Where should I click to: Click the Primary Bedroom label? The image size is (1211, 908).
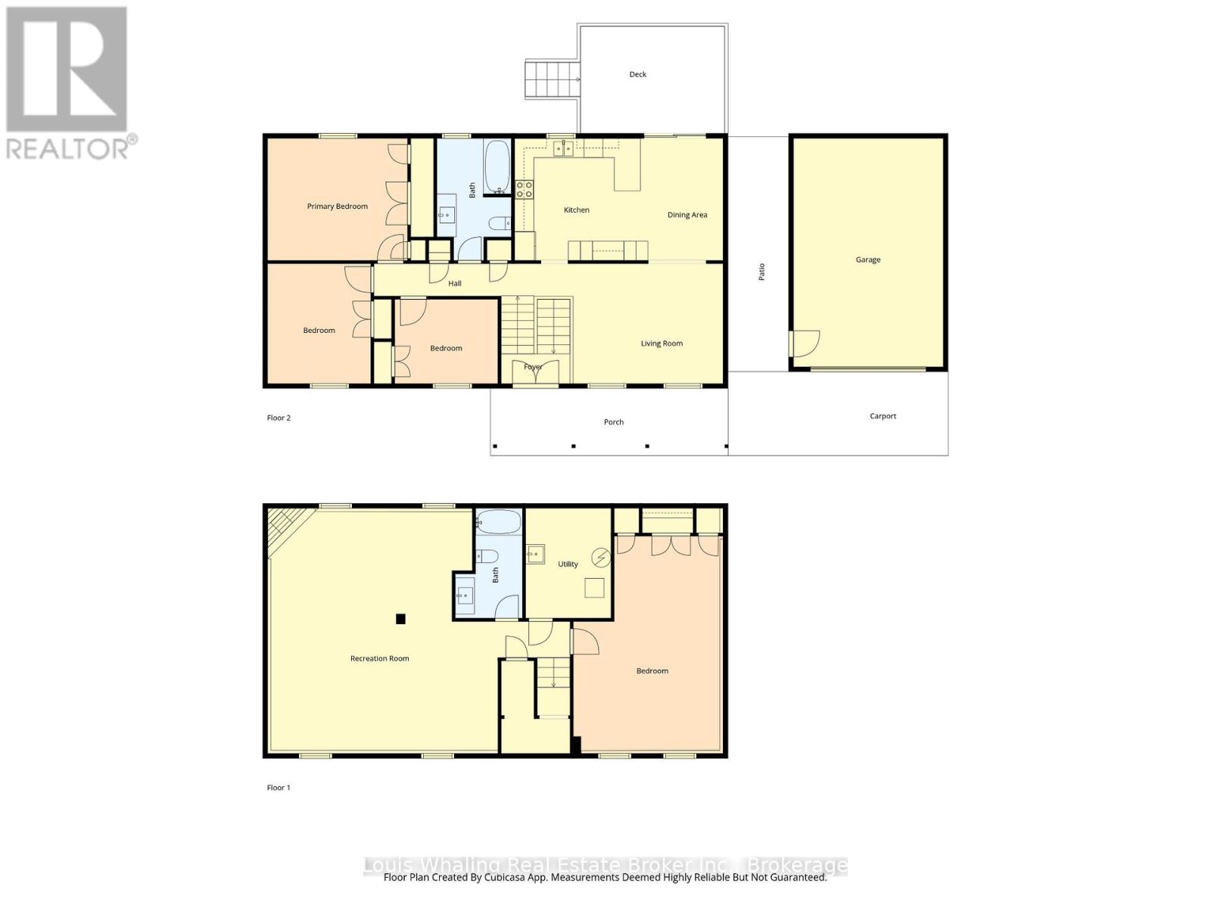coord(337,206)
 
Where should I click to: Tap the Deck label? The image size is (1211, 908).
coord(638,74)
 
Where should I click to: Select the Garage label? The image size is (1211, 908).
coord(868,260)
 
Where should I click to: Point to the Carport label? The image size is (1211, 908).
coord(883,416)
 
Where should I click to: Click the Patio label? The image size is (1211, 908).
coord(762,272)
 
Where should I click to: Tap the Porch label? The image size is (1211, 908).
coord(614,422)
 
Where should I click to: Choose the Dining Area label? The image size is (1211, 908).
coord(687,215)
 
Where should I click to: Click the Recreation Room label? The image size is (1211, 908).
coord(379,658)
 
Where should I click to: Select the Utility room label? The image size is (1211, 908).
coord(568,564)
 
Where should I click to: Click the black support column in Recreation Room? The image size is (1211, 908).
coord(401,619)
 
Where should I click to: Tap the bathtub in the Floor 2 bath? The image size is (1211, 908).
coord(497,167)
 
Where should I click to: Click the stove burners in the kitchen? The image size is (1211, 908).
coord(525,189)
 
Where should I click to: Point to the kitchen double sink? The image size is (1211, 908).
coord(563,148)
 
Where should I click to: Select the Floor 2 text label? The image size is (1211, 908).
coord(279,418)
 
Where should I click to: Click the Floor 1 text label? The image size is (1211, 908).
coord(279,788)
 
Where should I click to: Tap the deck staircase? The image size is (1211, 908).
coord(552,79)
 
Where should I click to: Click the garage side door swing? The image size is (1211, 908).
coord(805,344)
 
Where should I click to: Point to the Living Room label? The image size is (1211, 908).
coord(662,344)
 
